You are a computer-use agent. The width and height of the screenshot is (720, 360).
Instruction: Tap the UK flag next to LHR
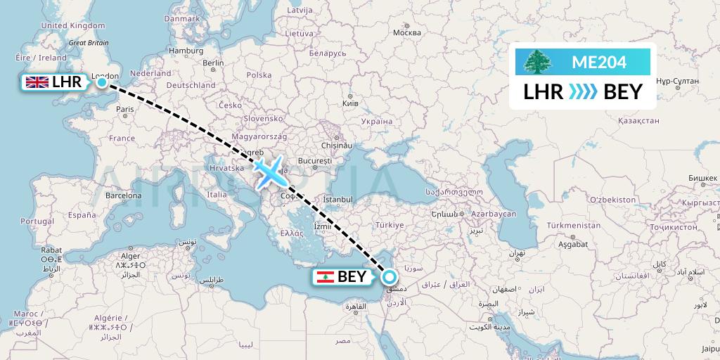tap(37, 83)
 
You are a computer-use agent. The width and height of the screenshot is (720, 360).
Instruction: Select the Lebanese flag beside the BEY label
tap(324, 276)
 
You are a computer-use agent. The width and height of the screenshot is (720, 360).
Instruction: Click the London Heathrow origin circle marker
tap(102, 82)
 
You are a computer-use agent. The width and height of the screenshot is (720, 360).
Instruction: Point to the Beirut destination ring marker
tap(388, 276)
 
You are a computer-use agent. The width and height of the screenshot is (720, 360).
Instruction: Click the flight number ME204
tap(598, 62)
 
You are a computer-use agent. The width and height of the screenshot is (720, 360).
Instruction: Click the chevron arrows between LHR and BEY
tap(583, 91)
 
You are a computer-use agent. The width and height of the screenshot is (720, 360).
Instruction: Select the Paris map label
tap(125, 109)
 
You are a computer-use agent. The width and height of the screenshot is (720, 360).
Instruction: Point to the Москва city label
tap(406, 33)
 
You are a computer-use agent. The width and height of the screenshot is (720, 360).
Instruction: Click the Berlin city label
tap(213, 63)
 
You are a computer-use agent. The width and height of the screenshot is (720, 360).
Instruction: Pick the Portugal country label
tap(37, 221)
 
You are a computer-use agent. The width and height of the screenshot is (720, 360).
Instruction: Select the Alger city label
tap(131, 256)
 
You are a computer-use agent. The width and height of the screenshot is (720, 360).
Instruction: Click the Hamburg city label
tap(186, 51)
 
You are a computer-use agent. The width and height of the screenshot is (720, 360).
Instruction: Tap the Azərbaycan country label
tap(494, 213)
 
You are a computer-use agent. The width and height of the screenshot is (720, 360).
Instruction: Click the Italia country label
tap(217, 195)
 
